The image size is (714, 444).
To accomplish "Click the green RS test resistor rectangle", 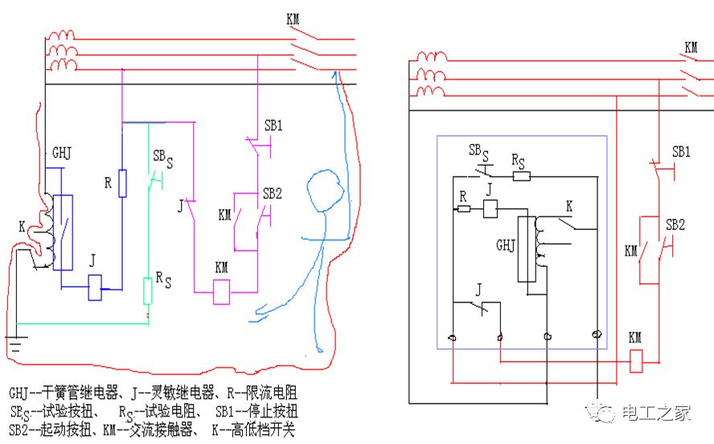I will click(x=147, y=291).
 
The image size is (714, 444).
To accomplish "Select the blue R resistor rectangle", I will click(x=122, y=183).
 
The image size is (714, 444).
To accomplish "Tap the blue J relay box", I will click(x=96, y=287).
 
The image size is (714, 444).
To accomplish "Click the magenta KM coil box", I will click(x=221, y=292).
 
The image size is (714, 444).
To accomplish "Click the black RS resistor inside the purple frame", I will click(x=521, y=175).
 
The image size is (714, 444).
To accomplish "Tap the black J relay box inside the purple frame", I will click(x=490, y=209).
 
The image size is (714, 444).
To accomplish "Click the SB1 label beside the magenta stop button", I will click(x=274, y=126).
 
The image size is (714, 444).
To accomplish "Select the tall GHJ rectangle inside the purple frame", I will click(x=527, y=249).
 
